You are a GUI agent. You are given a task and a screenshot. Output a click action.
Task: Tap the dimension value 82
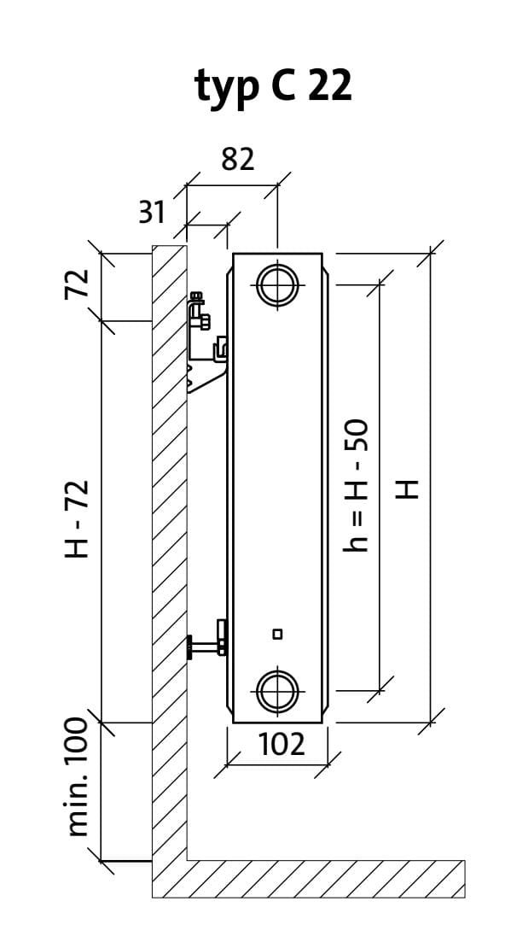237,160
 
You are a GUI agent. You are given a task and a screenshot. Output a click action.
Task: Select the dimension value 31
152,212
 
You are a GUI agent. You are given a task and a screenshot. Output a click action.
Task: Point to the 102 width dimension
282,744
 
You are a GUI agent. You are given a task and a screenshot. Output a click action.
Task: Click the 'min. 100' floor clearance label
78,777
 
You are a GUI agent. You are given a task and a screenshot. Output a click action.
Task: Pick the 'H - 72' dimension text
78,518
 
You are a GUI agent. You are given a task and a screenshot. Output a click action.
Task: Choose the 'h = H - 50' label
356,485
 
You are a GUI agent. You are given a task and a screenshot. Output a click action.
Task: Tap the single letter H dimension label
408,489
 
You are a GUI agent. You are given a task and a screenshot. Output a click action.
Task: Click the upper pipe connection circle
277,284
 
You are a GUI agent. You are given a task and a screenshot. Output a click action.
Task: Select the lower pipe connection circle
277,690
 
